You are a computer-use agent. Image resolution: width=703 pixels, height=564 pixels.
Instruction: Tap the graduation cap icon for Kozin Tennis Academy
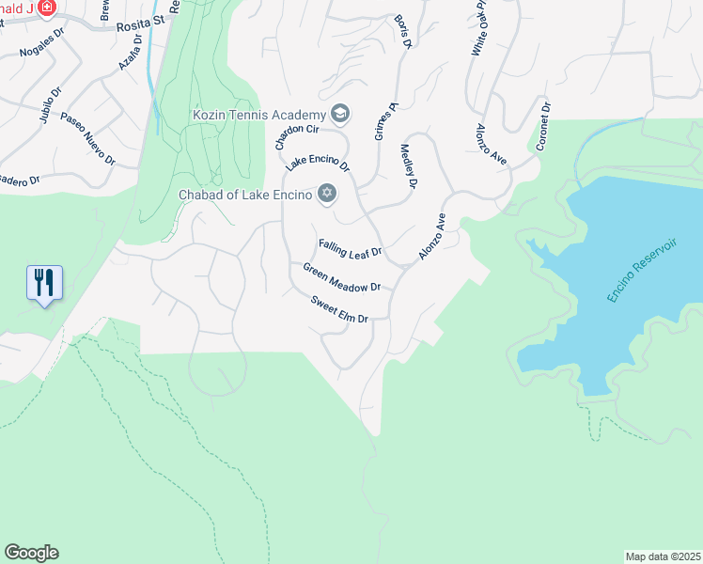pyautogui.click(x=339, y=115)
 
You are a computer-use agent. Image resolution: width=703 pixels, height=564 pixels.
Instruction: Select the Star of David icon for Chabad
pyautogui.click(x=326, y=194)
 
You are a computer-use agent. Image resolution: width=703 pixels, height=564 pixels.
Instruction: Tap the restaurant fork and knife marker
pyautogui.click(x=44, y=282)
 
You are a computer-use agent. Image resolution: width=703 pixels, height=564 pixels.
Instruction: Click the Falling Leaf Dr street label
pyautogui.click(x=350, y=248)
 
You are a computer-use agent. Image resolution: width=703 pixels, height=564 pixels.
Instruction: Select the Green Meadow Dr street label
pyautogui.click(x=341, y=277)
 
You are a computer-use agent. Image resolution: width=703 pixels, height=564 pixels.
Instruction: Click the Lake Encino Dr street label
pyautogui.click(x=318, y=163)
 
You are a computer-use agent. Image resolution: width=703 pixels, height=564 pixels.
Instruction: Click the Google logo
pyautogui.click(x=31, y=553)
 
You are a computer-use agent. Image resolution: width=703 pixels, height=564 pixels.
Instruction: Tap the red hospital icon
pyautogui.click(x=45, y=8)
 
